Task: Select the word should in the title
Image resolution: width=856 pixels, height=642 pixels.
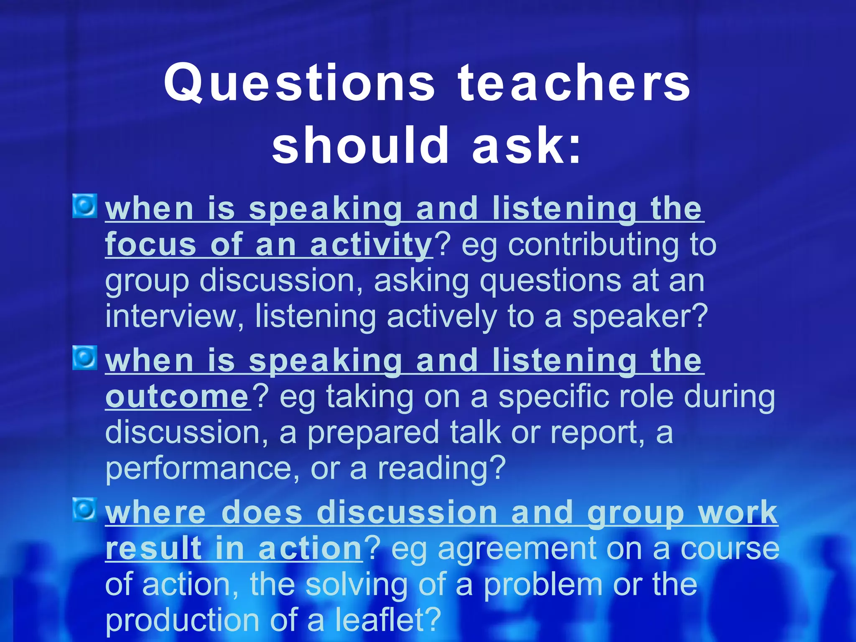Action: pyautogui.click(x=360, y=145)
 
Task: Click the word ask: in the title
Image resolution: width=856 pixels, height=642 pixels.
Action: pyautogui.click(x=527, y=145)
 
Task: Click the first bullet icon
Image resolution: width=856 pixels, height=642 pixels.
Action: pyautogui.click(x=85, y=206)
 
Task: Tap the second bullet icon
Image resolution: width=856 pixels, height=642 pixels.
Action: pyautogui.click(x=85, y=358)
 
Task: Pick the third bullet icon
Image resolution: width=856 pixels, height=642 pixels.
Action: pyautogui.click(x=85, y=510)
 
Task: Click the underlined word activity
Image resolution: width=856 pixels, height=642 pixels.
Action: pyautogui.click(x=371, y=245)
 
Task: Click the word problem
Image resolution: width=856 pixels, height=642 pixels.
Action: pyautogui.click(x=543, y=585)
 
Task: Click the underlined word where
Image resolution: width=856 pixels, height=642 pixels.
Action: pyautogui.click(x=155, y=512)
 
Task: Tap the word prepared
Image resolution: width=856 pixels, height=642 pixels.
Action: pyautogui.click(x=373, y=433)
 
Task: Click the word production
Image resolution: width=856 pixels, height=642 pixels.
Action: pyautogui.click(x=182, y=620)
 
